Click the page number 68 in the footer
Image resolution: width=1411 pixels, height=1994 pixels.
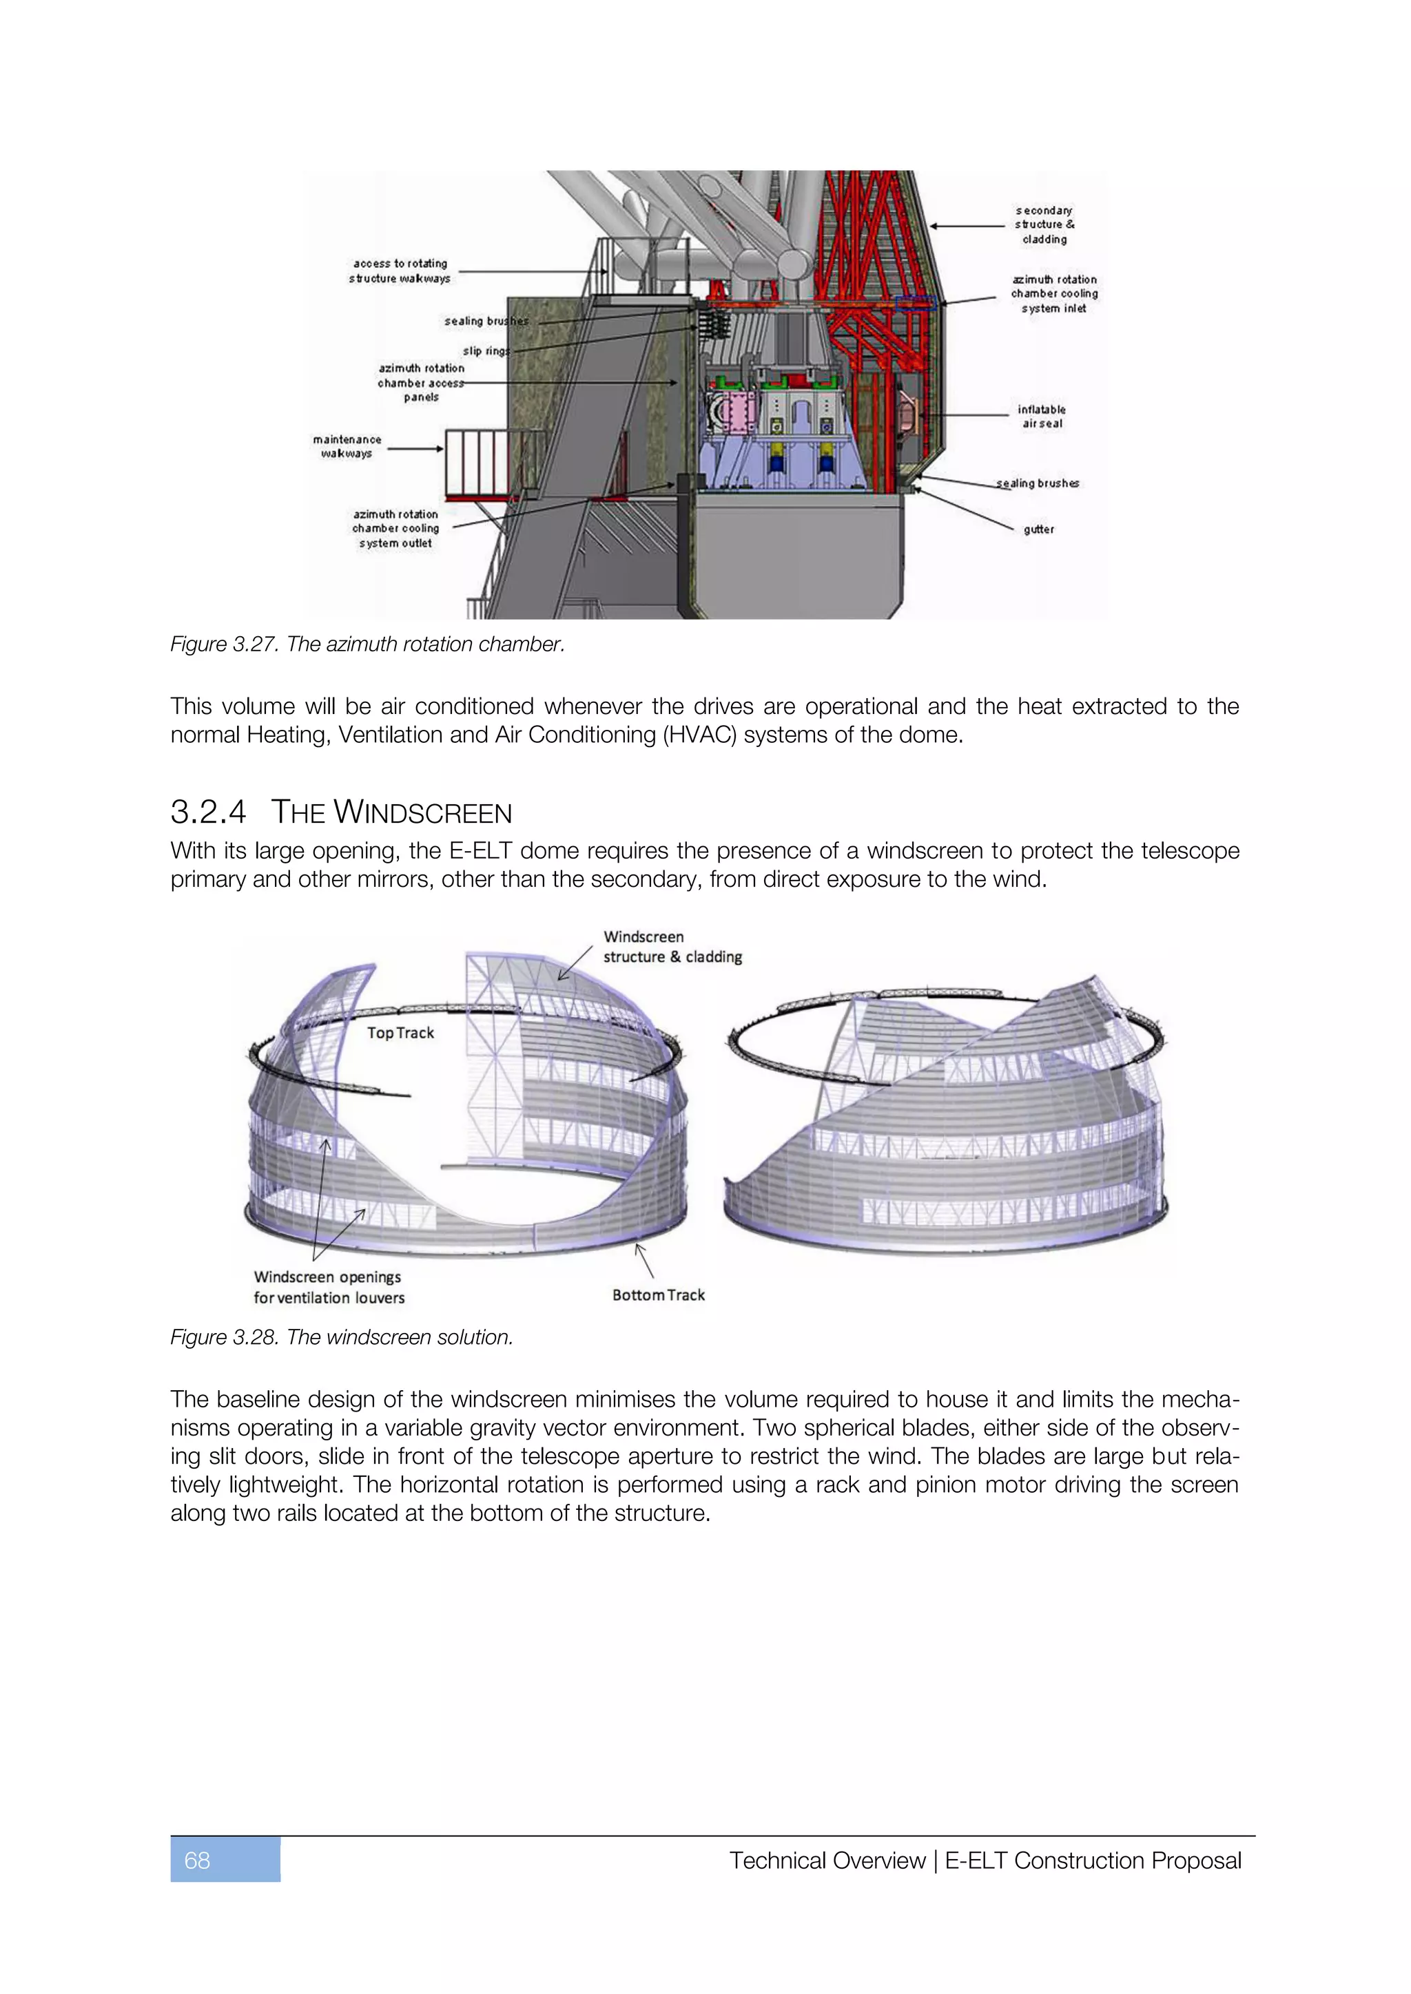coord(197,1860)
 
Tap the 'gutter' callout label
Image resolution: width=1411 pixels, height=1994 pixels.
coord(1038,529)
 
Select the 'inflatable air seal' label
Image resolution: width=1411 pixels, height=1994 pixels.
coord(1042,416)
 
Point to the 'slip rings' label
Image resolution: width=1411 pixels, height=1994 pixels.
coord(486,351)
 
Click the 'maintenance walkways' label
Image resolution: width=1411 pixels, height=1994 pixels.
coord(347,446)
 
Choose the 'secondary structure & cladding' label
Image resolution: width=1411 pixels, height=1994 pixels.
coord(1044,225)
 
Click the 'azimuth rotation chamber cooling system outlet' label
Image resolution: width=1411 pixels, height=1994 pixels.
coord(395,528)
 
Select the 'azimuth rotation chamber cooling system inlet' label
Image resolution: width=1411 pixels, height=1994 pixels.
coord(1054,293)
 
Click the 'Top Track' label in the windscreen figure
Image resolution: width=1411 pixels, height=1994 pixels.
coord(400,1033)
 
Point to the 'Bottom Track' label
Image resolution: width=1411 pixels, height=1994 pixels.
coord(659,1295)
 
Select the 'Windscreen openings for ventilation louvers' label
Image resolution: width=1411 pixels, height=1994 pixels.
coord(329,1287)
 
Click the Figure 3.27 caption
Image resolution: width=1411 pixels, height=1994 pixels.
coord(367,644)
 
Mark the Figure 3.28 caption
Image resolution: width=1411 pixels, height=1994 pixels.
coord(342,1337)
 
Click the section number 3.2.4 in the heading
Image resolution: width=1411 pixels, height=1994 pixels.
coord(209,812)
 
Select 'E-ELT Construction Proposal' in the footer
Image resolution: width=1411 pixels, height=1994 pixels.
coord(1092,1860)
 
